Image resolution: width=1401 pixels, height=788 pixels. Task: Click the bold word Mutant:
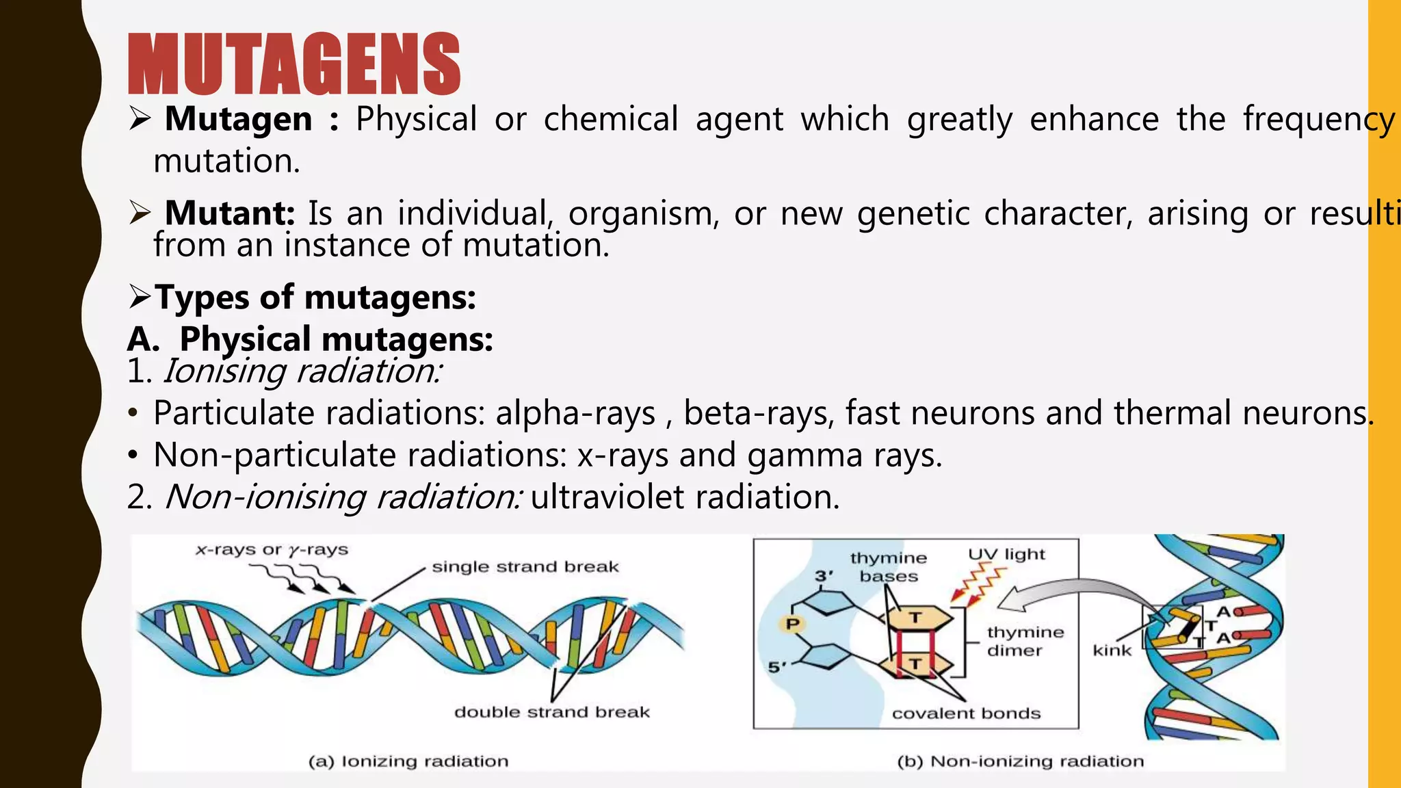click(x=229, y=213)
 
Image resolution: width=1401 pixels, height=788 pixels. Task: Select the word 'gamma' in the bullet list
click(x=804, y=456)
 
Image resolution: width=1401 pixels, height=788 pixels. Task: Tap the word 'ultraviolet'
click(x=606, y=497)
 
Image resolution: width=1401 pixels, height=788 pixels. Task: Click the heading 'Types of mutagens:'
click(x=315, y=298)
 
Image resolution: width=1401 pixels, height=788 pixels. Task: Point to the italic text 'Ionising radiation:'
click(x=302, y=371)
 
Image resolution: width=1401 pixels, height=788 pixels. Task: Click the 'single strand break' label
click(x=525, y=567)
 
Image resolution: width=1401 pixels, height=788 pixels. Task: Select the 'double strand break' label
click(x=551, y=712)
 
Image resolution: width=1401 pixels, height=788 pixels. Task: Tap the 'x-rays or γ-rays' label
click(x=272, y=550)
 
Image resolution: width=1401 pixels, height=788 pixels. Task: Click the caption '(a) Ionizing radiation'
click(x=408, y=761)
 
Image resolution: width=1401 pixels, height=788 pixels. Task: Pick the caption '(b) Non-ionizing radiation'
click(x=1020, y=761)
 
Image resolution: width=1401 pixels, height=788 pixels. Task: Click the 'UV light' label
click(x=1006, y=554)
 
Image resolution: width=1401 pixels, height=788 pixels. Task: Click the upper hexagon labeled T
click(x=916, y=618)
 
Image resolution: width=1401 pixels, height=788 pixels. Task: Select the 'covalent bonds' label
click(x=966, y=713)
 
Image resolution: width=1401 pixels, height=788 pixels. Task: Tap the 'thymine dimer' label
click(x=1025, y=641)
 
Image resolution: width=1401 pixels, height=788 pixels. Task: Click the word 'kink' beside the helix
click(x=1112, y=650)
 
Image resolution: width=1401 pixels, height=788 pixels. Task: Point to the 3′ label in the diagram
click(x=824, y=576)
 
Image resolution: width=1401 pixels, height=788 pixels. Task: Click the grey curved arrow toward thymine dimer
click(x=1067, y=588)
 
